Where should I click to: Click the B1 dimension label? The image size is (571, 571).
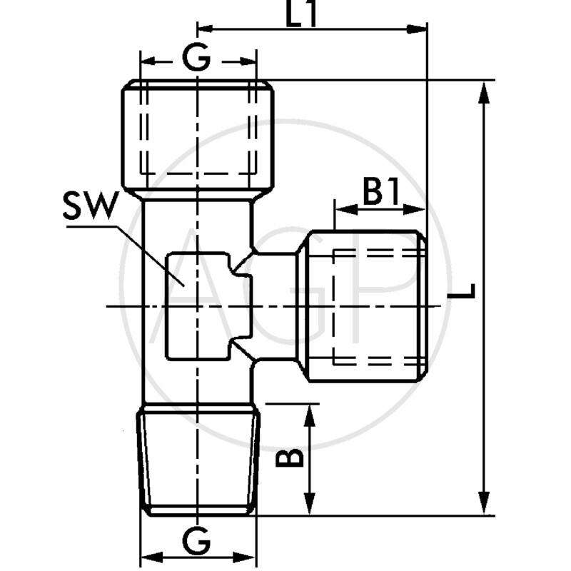(380, 193)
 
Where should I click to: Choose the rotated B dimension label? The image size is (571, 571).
(290, 458)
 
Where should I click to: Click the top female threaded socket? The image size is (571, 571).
(197, 136)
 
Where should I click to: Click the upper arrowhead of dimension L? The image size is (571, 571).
(485, 89)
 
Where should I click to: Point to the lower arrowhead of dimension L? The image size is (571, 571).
(485, 505)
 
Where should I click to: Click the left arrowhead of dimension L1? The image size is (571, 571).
(206, 29)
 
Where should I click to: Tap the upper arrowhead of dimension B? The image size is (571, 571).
(310, 411)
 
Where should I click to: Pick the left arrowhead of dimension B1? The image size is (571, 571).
(342, 209)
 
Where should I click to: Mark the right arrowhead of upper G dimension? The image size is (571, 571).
(248, 61)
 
